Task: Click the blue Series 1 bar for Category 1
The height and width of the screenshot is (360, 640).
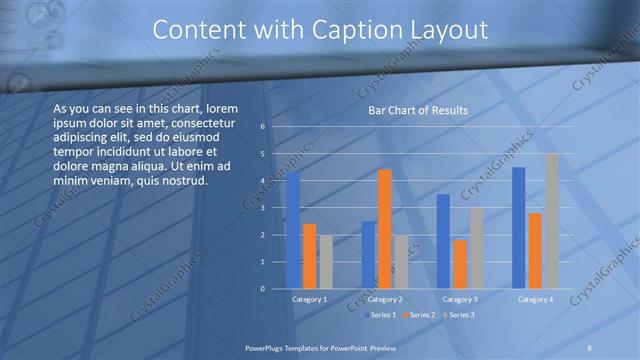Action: pyautogui.click(x=293, y=231)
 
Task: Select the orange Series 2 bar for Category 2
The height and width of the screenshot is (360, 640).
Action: pyautogui.click(x=384, y=229)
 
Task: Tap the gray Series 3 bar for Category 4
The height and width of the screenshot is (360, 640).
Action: pyautogui.click(x=551, y=221)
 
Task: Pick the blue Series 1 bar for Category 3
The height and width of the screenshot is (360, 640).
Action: pyautogui.click(x=443, y=241)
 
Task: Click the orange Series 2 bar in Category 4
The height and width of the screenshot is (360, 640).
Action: pyautogui.click(x=535, y=251)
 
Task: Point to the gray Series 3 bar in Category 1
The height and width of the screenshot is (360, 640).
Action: pyautogui.click(x=326, y=262)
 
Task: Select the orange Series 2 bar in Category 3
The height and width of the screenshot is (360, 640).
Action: pyautogui.click(x=459, y=264)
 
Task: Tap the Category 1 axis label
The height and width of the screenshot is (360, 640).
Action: pyautogui.click(x=309, y=299)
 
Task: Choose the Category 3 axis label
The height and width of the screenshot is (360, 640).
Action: pyautogui.click(x=459, y=299)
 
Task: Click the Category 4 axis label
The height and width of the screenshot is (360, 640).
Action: pyautogui.click(x=534, y=299)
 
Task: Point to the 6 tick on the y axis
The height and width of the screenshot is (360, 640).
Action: pyautogui.click(x=262, y=127)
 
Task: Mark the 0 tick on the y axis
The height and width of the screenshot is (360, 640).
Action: pyautogui.click(x=262, y=289)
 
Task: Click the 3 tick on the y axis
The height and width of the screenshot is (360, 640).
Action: pyautogui.click(x=262, y=208)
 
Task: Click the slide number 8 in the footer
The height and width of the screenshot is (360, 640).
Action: pyautogui.click(x=590, y=347)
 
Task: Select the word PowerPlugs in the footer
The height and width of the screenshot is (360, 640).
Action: pyautogui.click(x=266, y=347)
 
